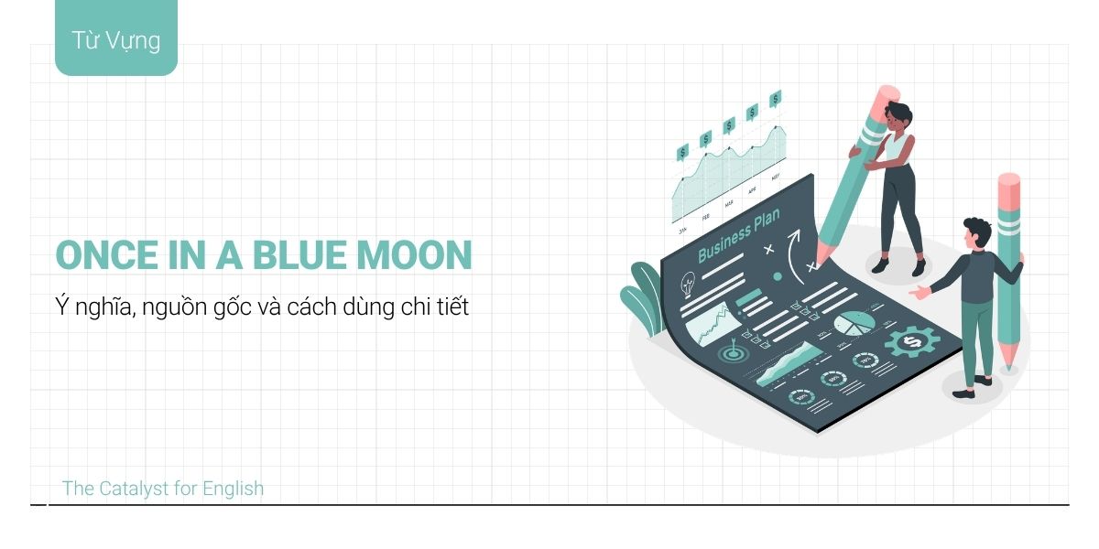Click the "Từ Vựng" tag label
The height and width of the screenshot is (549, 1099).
tap(115, 40)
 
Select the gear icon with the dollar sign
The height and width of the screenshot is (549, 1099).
tap(911, 341)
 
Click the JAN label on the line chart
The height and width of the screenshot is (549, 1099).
tap(682, 231)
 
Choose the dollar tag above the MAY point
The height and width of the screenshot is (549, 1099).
tap(775, 99)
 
